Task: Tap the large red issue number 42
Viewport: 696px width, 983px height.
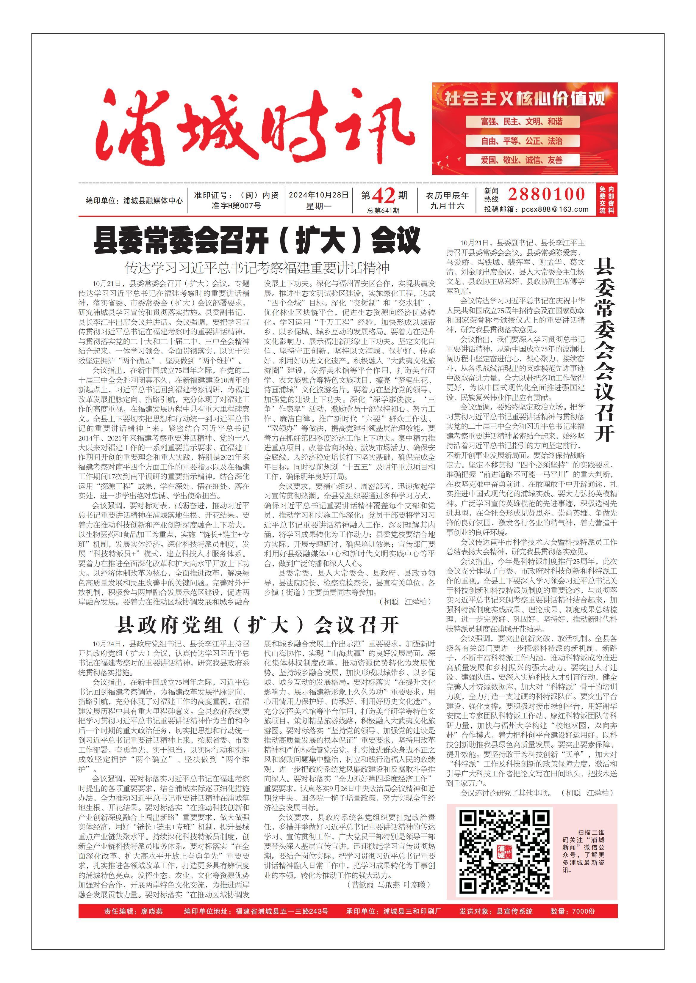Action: tap(383, 196)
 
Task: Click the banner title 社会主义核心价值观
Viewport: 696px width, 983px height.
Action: tap(525, 98)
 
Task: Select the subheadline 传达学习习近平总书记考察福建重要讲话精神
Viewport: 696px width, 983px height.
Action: tap(257, 268)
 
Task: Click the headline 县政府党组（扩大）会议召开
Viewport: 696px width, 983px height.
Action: tap(257, 625)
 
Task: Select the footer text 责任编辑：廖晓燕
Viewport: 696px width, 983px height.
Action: tap(133, 911)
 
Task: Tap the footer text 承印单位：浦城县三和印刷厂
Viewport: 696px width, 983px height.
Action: tap(393, 911)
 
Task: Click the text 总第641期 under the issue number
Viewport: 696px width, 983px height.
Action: tap(383, 210)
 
